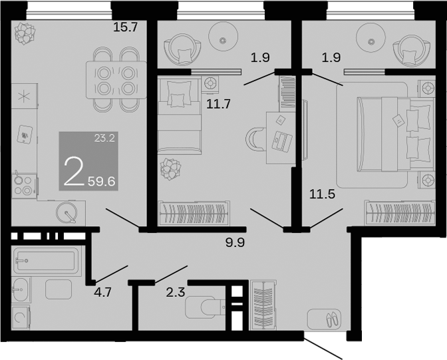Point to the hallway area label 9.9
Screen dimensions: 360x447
[235, 242]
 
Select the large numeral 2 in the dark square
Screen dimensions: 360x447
[74, 171]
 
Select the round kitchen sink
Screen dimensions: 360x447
[69, 212]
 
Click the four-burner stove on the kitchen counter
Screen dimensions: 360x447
[25, 184]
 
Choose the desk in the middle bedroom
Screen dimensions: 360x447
[281, 136]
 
